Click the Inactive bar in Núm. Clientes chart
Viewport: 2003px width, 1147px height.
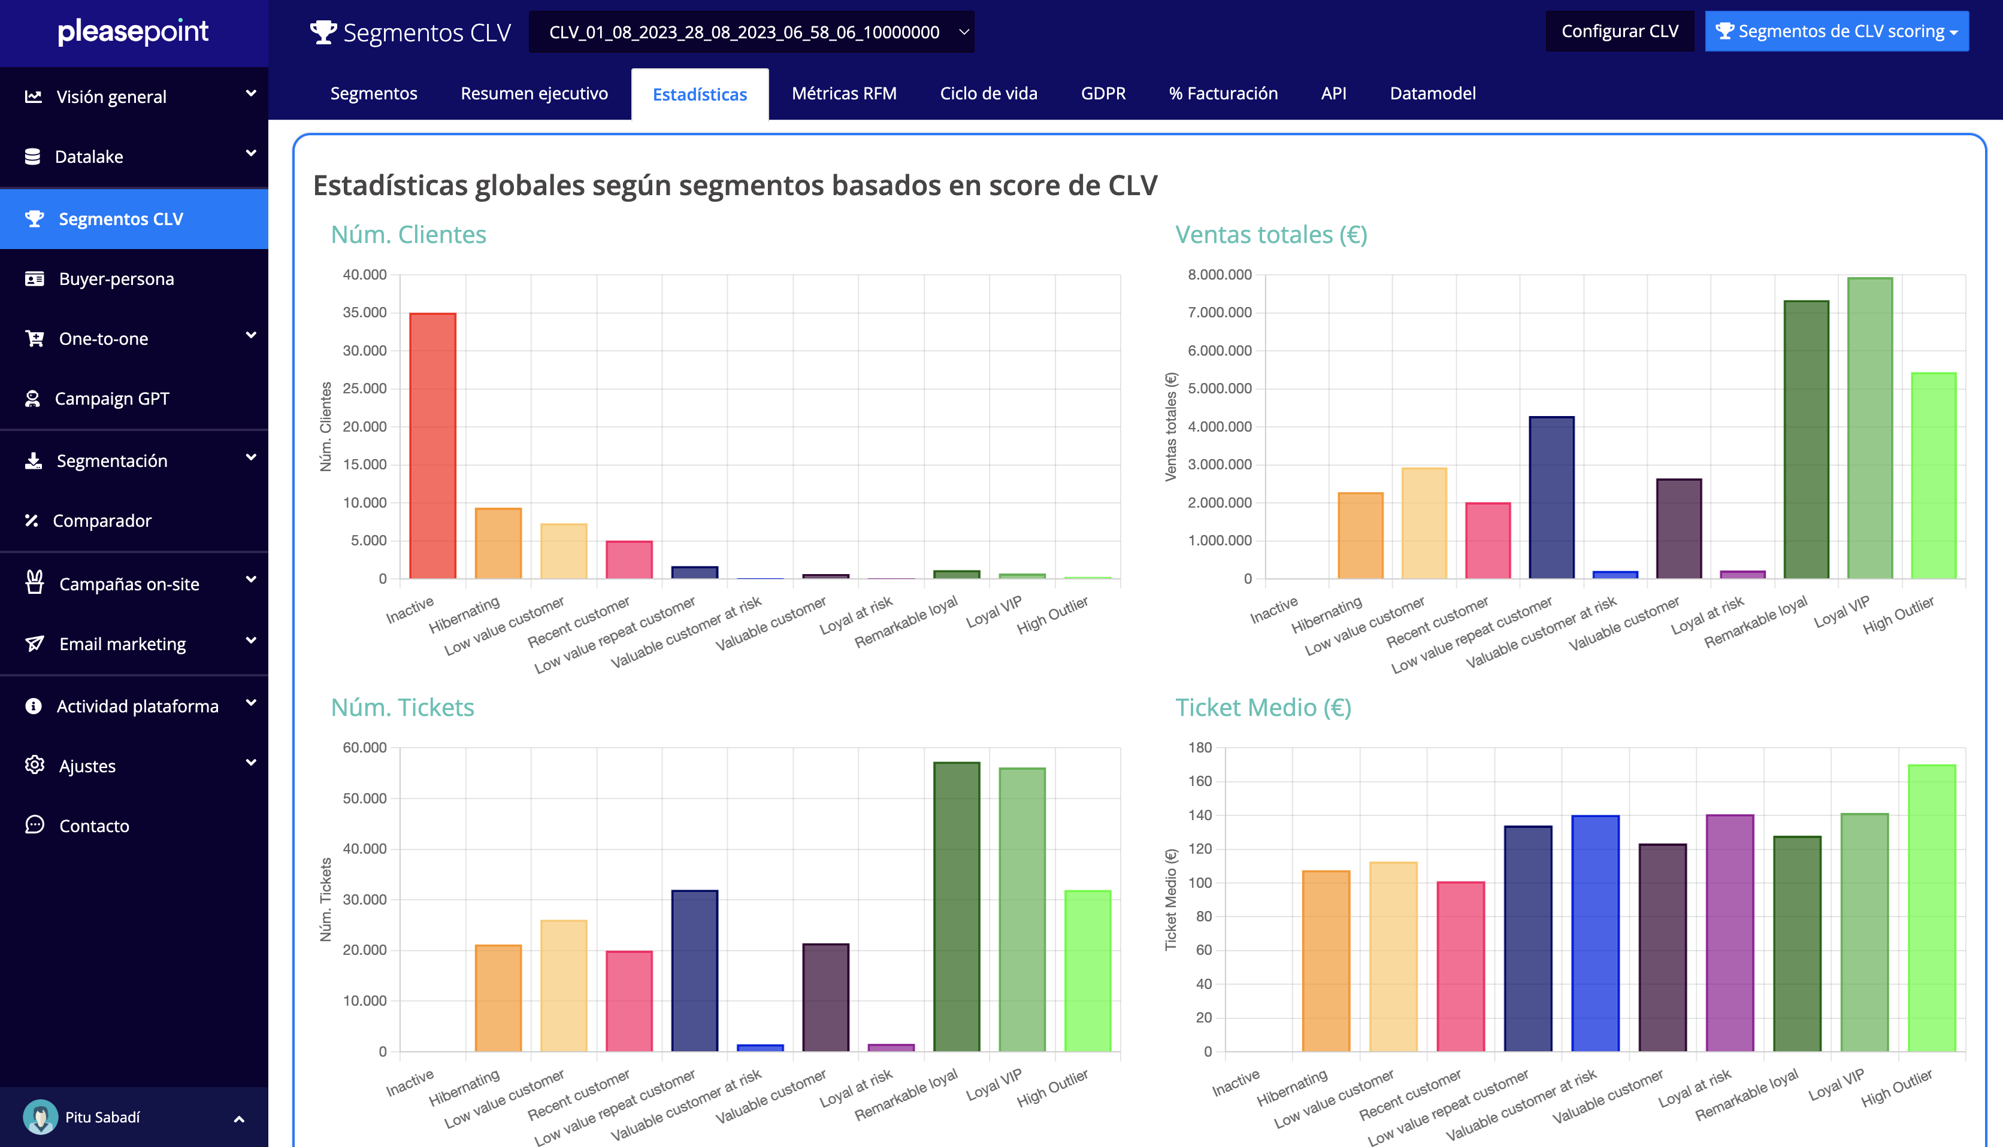point(432,446)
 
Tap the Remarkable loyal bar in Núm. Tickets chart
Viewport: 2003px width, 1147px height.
point(957,907)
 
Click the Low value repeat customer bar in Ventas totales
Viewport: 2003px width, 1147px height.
point(1551,498)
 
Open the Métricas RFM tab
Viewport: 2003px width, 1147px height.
point(844,94)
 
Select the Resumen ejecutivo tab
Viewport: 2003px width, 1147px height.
point(534,94)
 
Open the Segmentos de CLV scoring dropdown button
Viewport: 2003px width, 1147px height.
point(1836,32)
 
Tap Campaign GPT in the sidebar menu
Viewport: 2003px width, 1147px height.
point(112,399)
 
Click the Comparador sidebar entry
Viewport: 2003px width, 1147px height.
point(102,521)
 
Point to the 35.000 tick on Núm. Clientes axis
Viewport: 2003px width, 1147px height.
point(365,312)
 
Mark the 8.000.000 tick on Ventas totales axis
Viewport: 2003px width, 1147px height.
point(1220,275)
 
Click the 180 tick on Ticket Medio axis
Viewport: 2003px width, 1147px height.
point(1200,748)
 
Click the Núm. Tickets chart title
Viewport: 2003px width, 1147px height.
point(402,708)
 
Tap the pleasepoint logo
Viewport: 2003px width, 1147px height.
point(133,32)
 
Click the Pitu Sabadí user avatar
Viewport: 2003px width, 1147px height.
point(40,1117)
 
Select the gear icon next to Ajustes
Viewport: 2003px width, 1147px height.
point(35,765)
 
